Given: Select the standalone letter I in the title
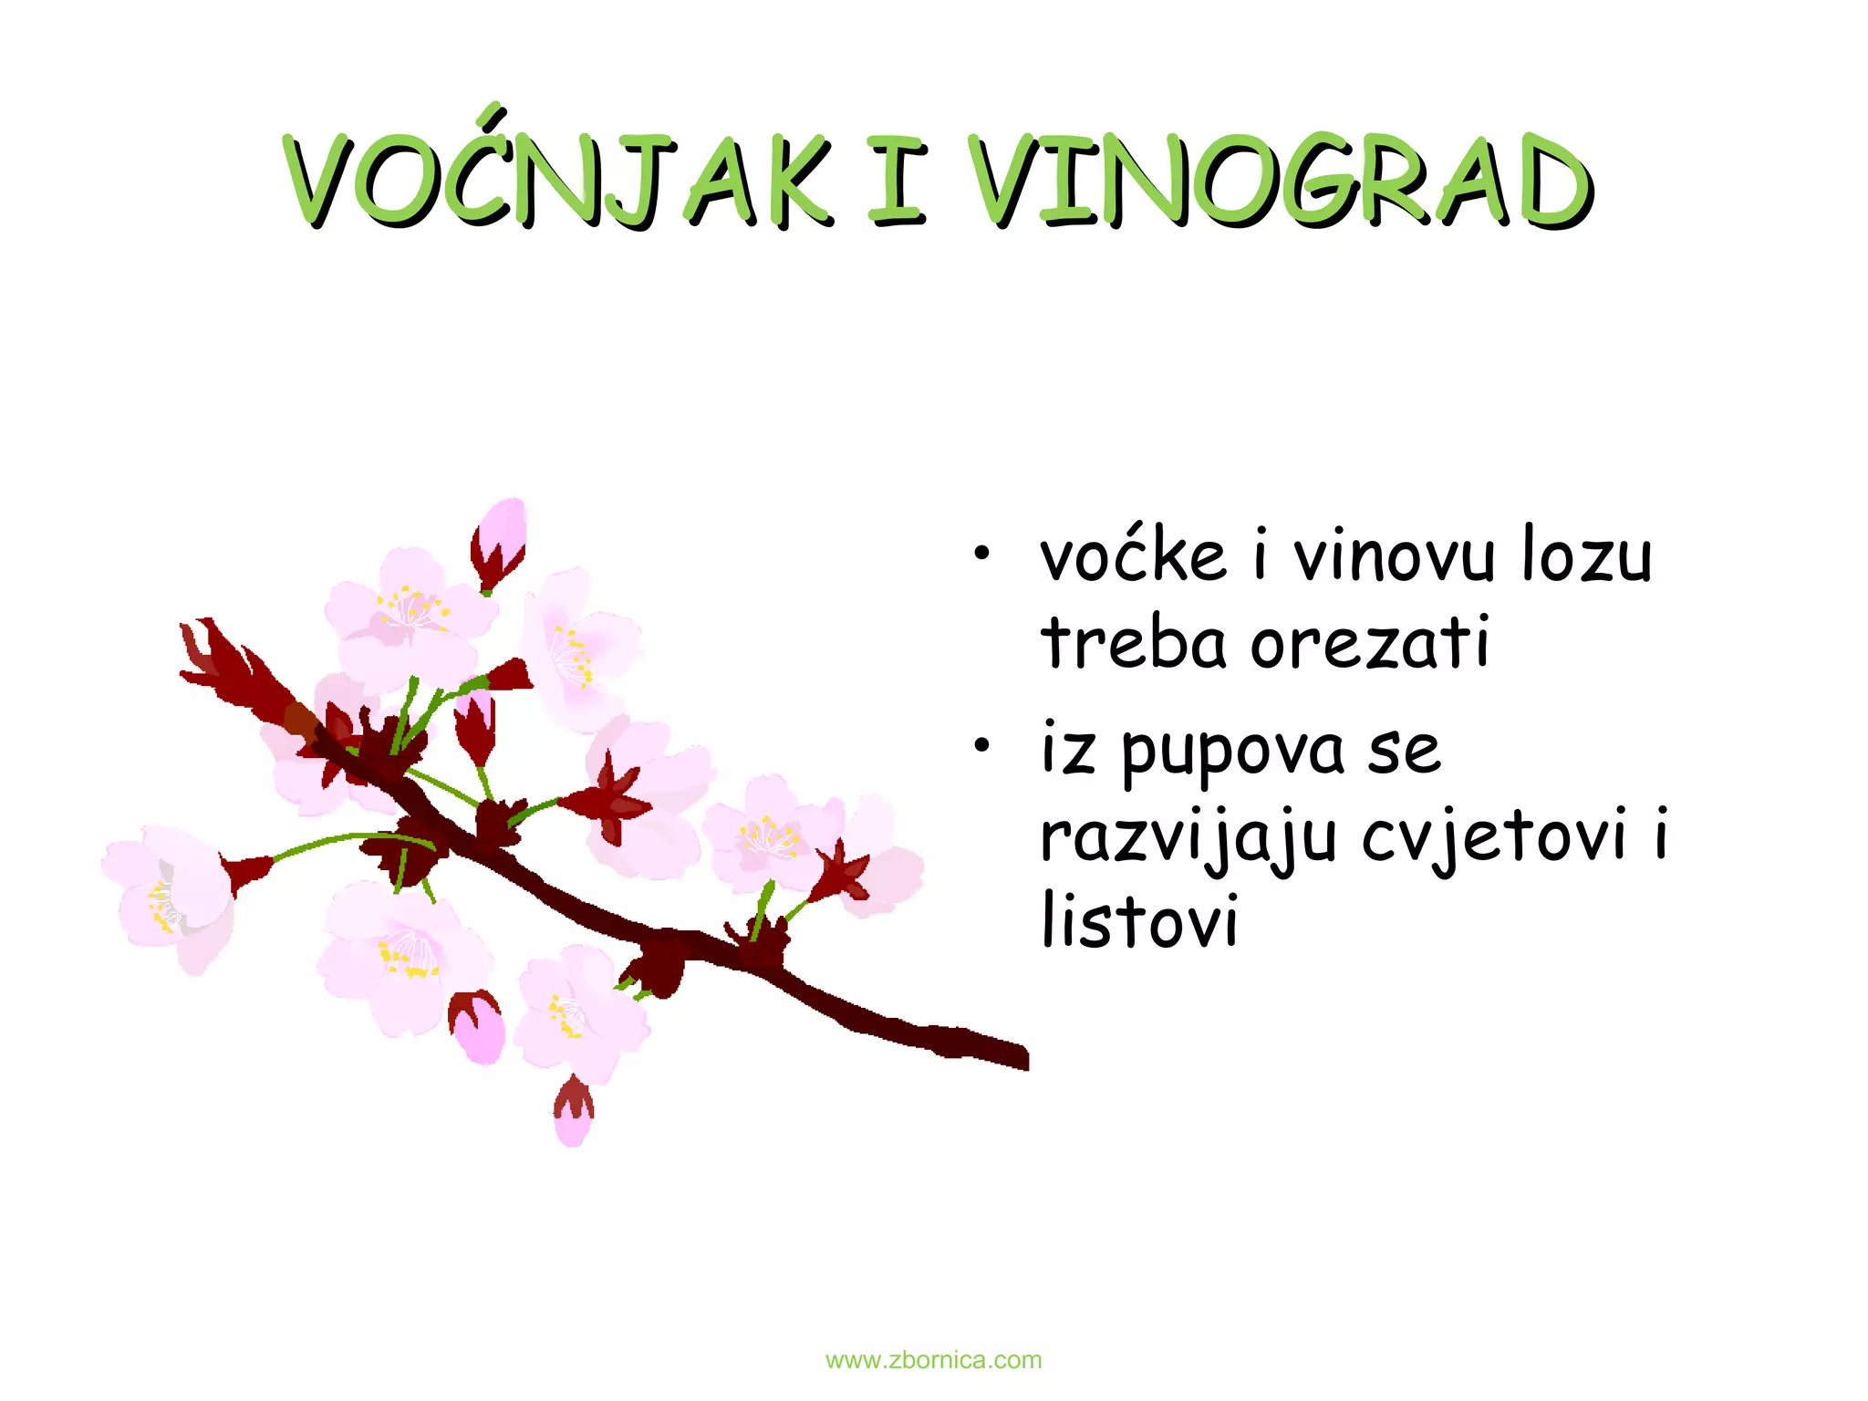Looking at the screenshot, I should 897,180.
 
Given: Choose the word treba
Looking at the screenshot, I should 1134,642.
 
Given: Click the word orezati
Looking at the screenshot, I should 1370,642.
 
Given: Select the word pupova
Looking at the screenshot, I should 1232,752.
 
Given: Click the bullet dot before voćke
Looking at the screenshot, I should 981,553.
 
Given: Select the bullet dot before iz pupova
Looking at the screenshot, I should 981,746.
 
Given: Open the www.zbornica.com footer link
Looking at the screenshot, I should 933,1360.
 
